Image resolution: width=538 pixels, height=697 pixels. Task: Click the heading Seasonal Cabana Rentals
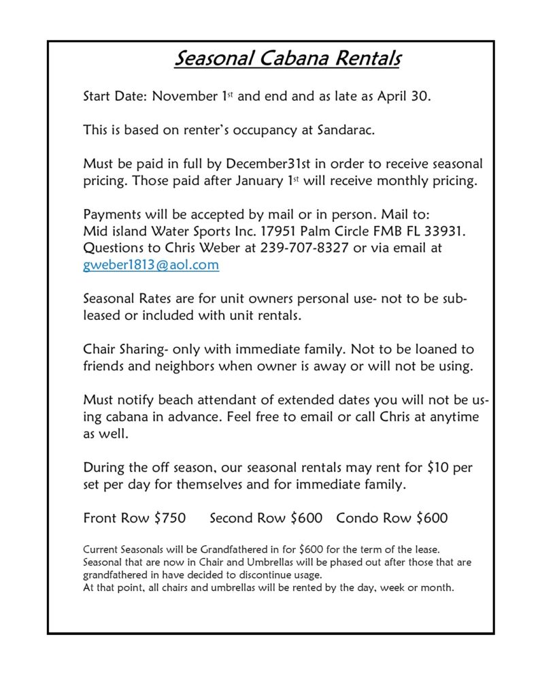coord(287,59)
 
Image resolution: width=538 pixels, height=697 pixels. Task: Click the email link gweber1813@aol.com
coord(151,265)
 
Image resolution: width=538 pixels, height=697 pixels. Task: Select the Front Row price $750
coord(170,518)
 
